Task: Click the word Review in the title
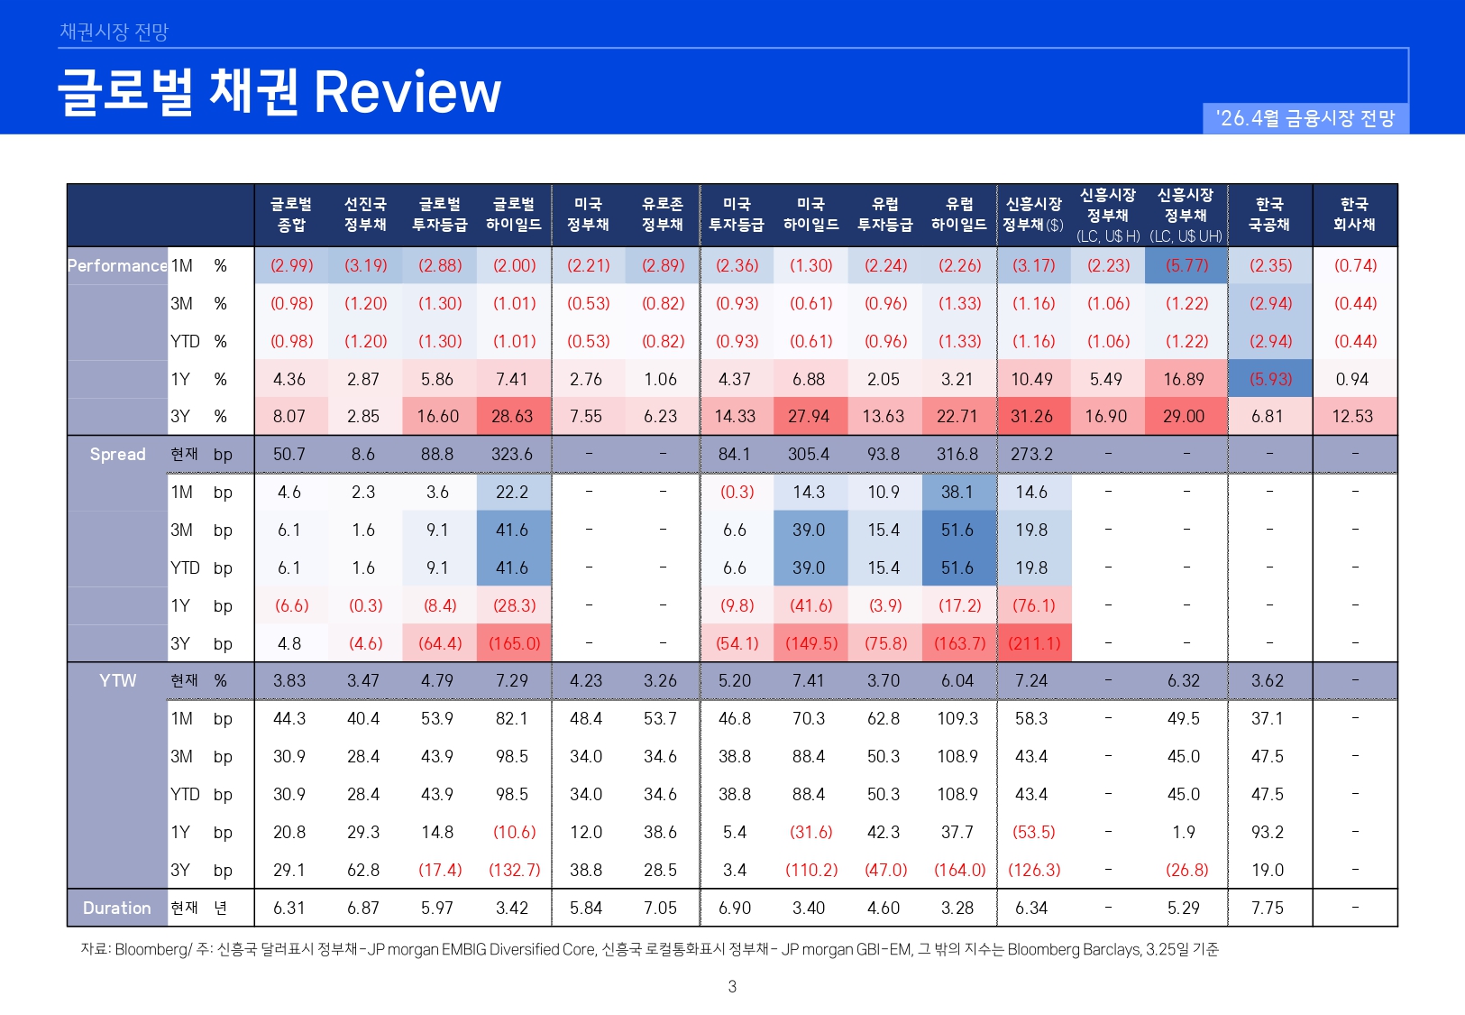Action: [x=407, y=92]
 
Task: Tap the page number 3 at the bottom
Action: [x=732, y=986]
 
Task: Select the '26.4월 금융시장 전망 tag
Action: [x=1305, y=118]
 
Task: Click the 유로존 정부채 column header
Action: [x=662, y=215]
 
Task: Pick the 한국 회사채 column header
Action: [x=1354, y=215]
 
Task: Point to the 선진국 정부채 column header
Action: [x=365, y=215]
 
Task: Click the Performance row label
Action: [x=117, y=266]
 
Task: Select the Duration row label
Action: [x=117, y=908]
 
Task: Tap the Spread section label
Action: [x=117, y=455]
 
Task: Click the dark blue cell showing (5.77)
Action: [x=1186, y=266]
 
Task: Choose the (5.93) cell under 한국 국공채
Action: [x=1270, y=380]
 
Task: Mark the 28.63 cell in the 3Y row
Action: [x=512, y=417]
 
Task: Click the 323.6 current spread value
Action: [x=512, y=455]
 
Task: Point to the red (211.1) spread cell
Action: [x=1034, y=644]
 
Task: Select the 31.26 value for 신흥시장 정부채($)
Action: [x=1032, y=417]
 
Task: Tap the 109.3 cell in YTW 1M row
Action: [x=957, y=719]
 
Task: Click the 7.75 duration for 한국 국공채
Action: [x=1268, y=908]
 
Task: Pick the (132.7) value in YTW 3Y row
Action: [x=515, y=871]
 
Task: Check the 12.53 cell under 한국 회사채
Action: [x=1352, y=417]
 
